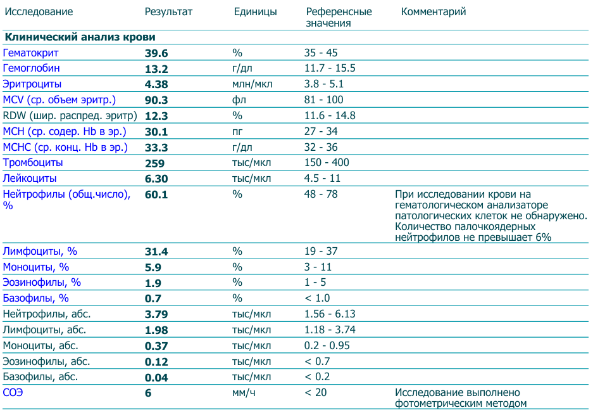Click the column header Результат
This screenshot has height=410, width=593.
168,12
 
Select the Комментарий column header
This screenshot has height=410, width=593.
434,12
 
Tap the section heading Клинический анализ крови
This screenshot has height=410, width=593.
80,38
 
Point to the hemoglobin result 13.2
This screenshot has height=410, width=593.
156,69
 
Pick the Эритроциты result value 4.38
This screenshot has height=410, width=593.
156,84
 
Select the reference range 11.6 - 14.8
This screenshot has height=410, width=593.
330,115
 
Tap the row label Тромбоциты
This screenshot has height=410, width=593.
33,163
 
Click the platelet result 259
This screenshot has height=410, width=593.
154,163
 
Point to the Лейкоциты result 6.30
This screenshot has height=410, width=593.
156,179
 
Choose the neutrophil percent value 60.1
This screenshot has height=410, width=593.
156,195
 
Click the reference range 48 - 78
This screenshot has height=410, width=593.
321,194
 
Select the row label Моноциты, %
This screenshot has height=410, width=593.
37,267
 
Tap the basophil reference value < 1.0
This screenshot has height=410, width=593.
317,298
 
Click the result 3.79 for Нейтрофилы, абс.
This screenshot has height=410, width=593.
156,314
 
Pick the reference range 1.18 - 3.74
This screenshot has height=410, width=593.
330,330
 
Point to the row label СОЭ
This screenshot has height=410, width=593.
13,393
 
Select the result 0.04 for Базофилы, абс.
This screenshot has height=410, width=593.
156,378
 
